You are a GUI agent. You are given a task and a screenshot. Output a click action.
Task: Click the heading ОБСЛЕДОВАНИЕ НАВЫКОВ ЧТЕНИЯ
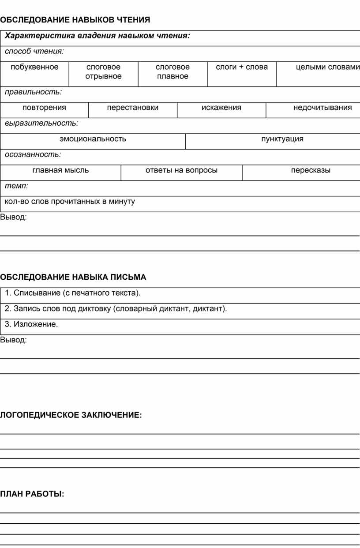point(75,20)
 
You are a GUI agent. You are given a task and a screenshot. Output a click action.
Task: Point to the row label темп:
point(17,186)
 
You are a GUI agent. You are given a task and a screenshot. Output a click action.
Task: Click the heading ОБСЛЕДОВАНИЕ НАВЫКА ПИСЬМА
point(73,277)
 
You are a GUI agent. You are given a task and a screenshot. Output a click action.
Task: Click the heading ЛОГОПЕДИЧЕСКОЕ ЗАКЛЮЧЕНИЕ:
point(71,415)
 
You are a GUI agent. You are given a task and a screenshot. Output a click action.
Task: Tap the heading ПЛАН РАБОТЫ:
point(32,494)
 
